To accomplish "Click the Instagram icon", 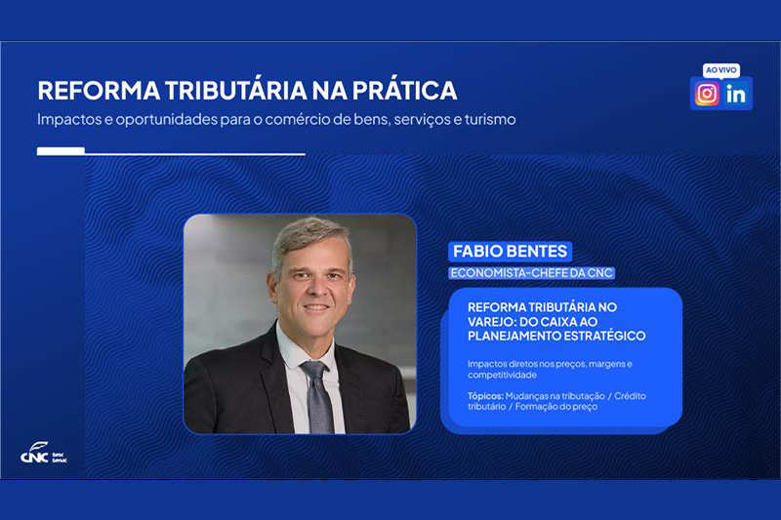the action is point(707,94).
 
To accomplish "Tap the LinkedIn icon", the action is point(736,94).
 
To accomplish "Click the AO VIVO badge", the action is point(721,70).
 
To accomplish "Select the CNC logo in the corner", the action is point(44,454).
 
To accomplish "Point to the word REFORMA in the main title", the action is point(99,90).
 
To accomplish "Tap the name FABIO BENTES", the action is point(510,252).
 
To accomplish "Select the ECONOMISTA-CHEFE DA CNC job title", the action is point(531,273).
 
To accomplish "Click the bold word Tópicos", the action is point(485,396).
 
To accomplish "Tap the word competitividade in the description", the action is point(502,375).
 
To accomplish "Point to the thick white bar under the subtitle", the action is point(61,151).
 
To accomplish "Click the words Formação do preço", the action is point(556,407).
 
